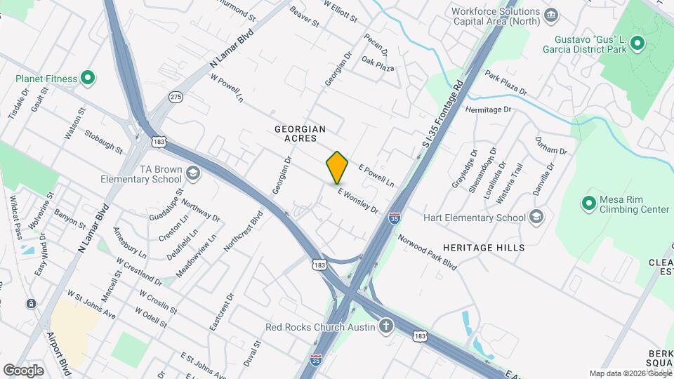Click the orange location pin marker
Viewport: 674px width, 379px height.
point(337,168)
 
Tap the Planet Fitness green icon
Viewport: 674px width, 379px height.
point(88,78)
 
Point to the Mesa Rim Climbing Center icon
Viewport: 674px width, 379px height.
point(588,204)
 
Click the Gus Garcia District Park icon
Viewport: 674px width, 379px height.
point(637,44)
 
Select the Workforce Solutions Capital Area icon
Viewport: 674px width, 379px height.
point(551,15)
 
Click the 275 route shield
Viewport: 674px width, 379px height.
point(176,97)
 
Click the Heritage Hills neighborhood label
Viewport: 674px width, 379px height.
point(484,248)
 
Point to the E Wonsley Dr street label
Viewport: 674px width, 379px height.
point(358,200)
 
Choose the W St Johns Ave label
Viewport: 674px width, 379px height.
point(91,305)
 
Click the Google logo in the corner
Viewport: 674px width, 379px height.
point(23,370)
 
